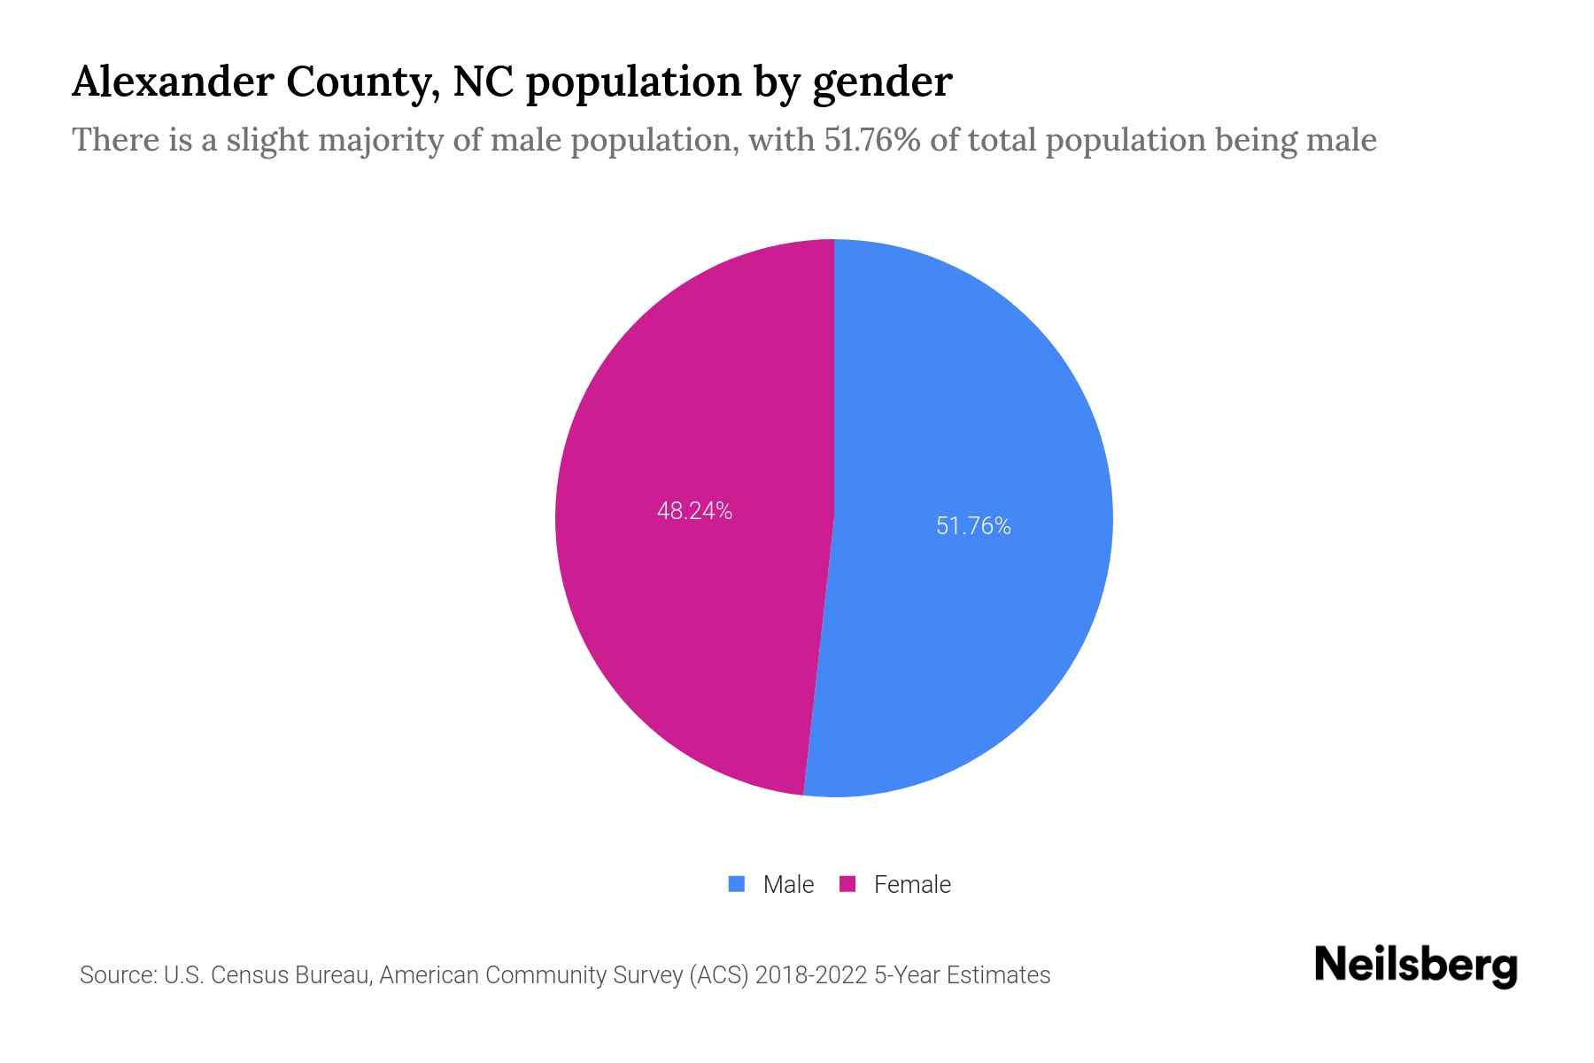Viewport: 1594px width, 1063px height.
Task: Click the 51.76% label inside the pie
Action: (x=973, y=526)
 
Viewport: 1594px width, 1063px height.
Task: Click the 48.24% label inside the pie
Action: (x=694, y=511)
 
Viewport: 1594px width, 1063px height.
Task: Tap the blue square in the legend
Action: (x=736, y=884)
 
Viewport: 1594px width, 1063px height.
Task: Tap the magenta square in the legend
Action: (x=847, y=884)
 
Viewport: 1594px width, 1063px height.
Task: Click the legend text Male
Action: (x=788, y=885)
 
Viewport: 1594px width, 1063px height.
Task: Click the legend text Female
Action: (x=912, y=885)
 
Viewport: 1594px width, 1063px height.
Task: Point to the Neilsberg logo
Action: (x=1415, y=966)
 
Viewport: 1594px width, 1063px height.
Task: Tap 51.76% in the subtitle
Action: (x=872, y=140)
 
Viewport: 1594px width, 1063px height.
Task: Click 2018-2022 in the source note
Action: (x=810, y=975)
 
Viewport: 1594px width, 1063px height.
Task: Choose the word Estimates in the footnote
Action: (x=998, y=975)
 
